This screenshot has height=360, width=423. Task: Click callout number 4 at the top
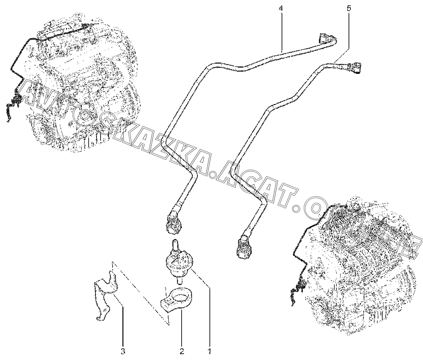click(x=281, y=8)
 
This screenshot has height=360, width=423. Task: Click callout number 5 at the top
click(x=349, y=8)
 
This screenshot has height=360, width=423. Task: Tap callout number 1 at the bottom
click(x=210, y=351)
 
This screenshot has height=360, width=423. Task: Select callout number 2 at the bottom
click(x=182, y=351)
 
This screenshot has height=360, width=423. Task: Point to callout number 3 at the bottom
click(x=123, y=351)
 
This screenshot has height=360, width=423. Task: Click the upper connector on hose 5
click(x=355, y=66)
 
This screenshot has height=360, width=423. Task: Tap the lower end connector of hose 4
click(x=173, y=222)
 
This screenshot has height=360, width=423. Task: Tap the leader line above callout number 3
click(x=123, y=325)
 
